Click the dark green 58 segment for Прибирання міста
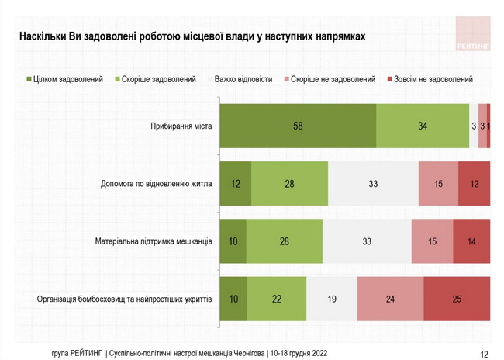tap(298, 126)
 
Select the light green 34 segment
tap(423, 126)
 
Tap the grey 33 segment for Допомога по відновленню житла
tap(373, 184)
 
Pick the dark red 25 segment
tap(457, 299)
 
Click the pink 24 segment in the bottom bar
tap(391, 299)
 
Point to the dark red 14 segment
tap(471, 241)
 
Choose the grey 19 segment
tap(332, 299)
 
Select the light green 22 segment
tap(277, 299)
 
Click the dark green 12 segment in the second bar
tap(236, 184)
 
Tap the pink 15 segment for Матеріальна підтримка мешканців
tap(432, 241)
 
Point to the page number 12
tap(484, 354)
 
